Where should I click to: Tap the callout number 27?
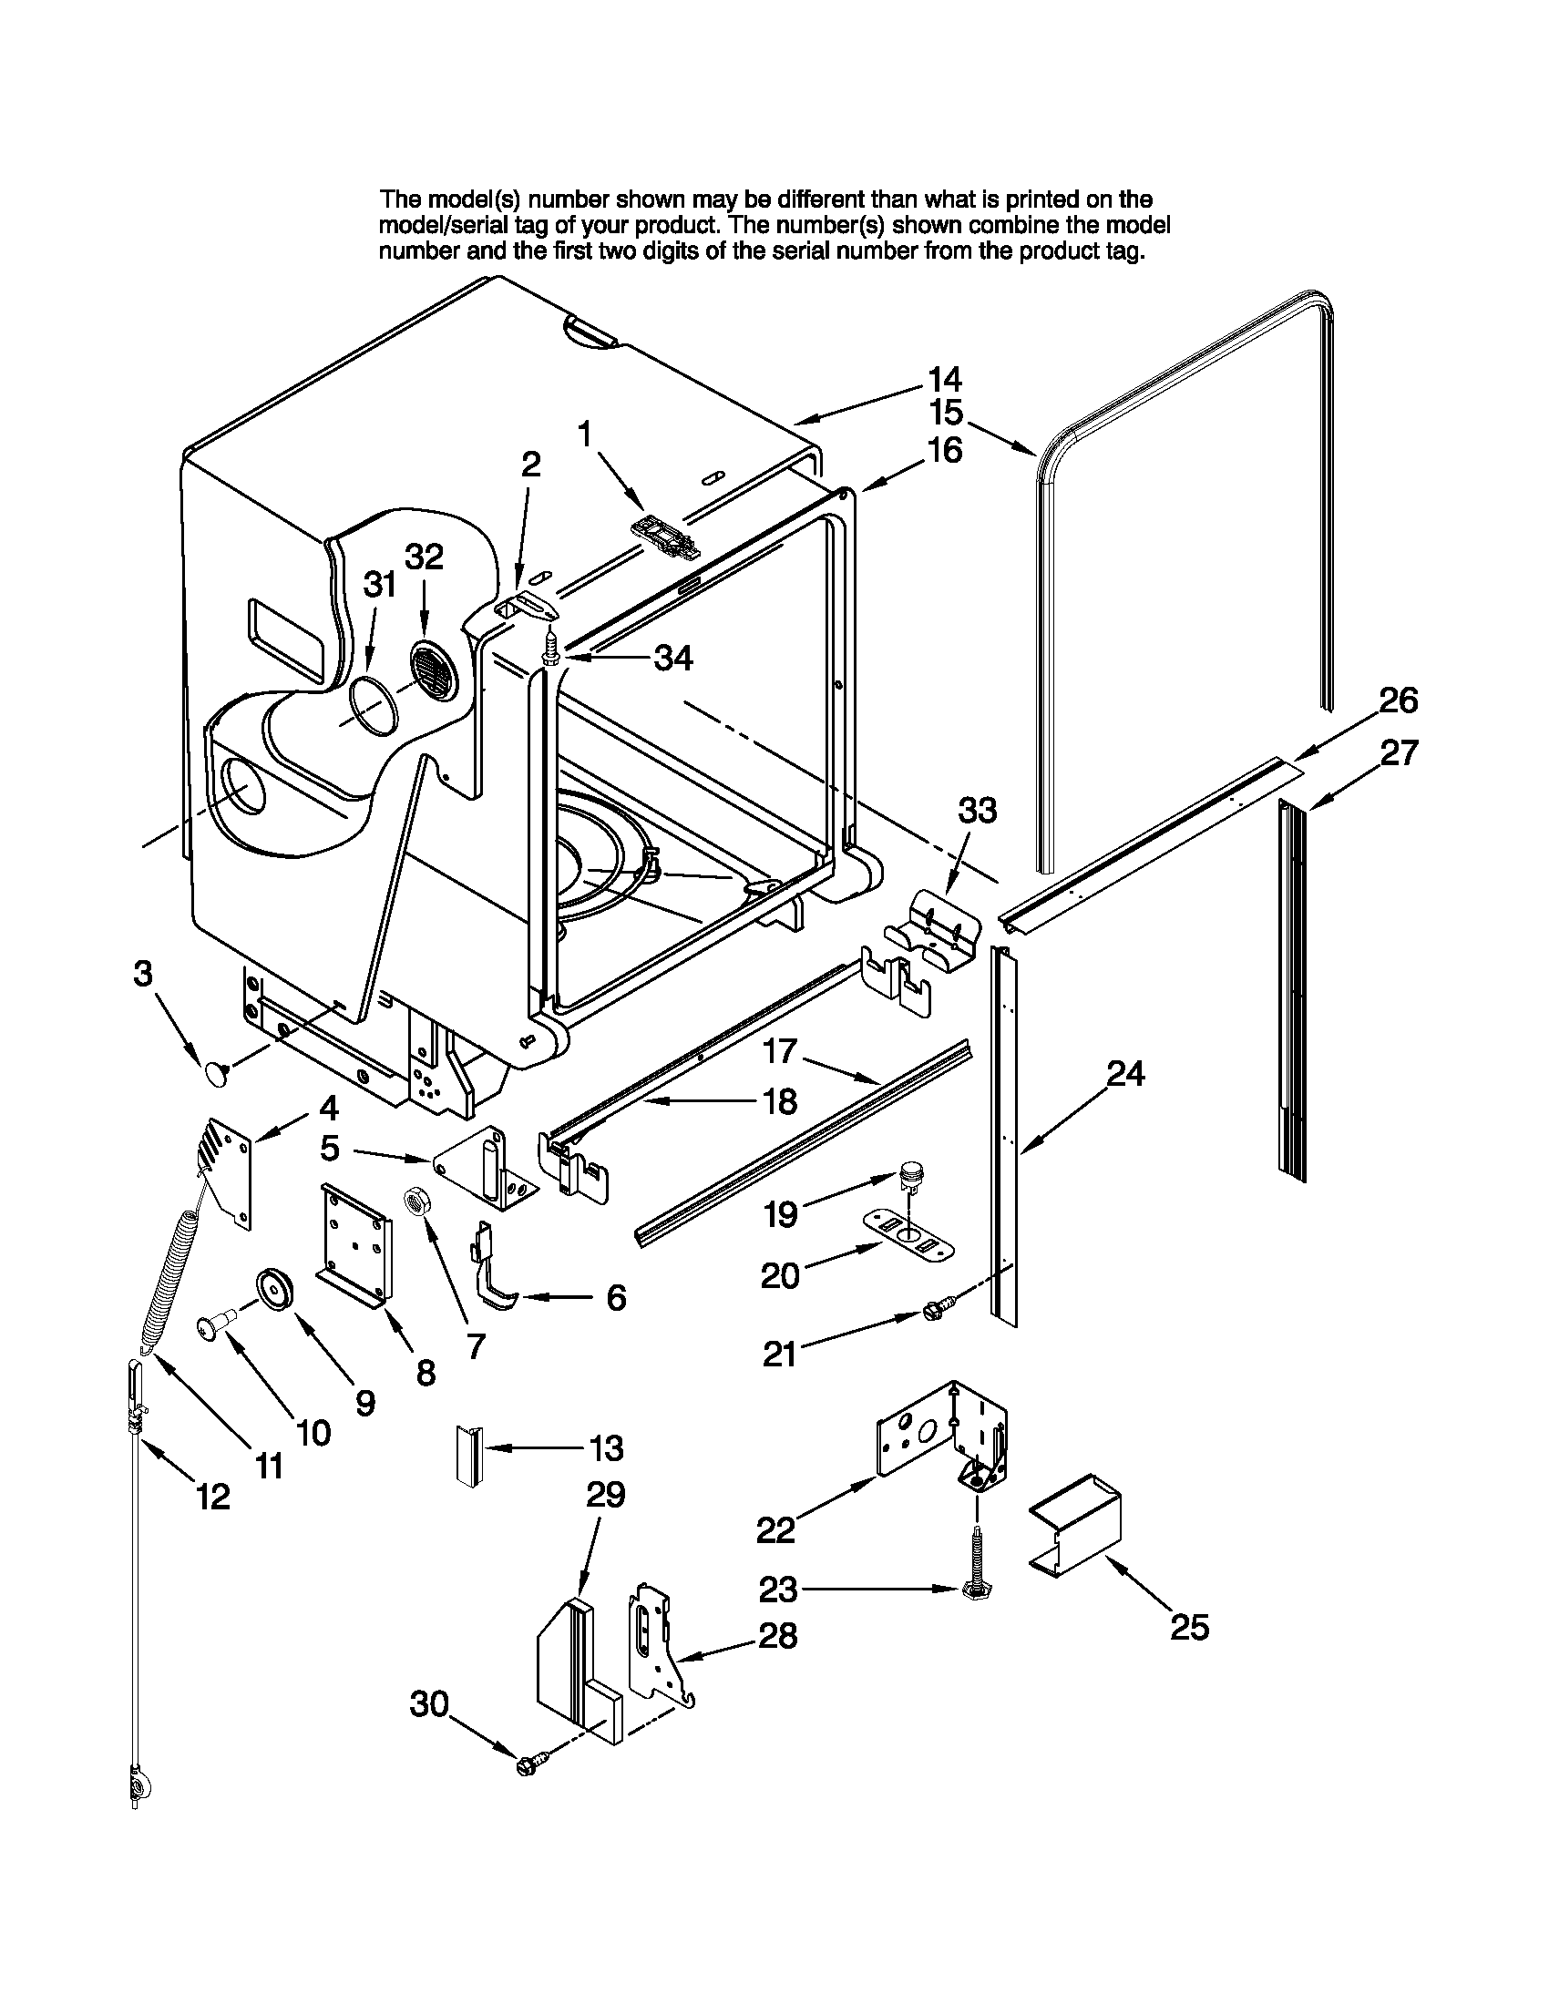(x=1399, y=753)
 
